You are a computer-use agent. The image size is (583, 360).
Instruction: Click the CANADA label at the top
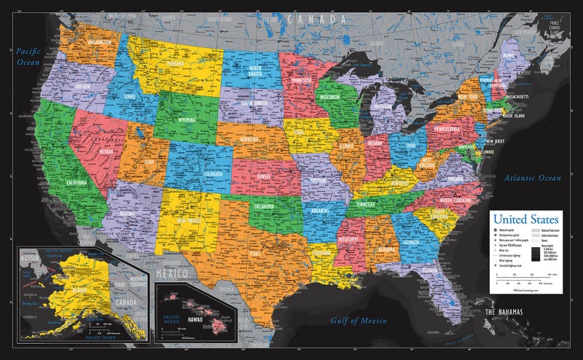310,20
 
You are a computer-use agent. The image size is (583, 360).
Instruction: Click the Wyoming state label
179,120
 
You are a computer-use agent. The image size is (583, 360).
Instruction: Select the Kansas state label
264,176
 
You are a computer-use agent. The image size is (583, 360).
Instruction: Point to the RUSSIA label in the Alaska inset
30,256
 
